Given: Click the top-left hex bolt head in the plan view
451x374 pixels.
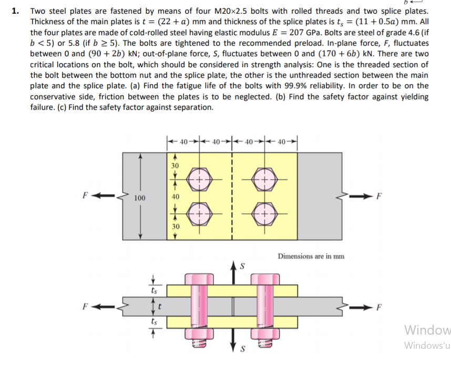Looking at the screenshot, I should coord(199,178).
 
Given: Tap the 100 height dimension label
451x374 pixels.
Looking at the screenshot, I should coord(139,198).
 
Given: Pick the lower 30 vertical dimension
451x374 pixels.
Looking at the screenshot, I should coord(175,226).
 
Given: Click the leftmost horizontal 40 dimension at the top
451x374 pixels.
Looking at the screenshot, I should coord(183,141).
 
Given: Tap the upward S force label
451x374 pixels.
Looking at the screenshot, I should coord(242,266).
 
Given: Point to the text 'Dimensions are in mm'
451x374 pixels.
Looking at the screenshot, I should coord(311,256).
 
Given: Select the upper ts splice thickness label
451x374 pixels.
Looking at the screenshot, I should coord(153,288).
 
